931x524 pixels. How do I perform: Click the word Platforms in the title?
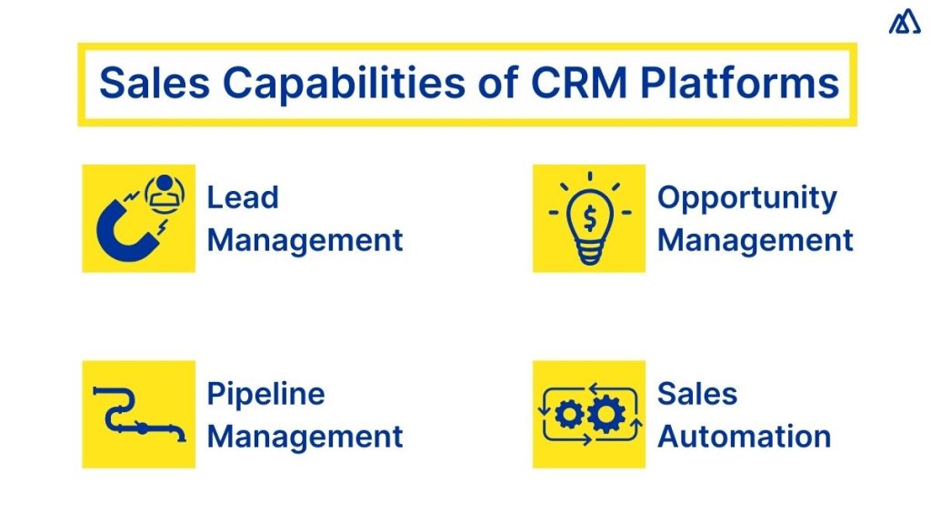point(738,84)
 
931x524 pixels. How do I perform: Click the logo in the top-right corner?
point(904,23)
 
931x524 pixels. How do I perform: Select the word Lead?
point(242,197)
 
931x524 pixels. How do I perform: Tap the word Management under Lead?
point(305,240)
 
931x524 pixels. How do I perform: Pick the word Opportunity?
point(746,197)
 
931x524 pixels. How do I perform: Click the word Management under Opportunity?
point(755,240)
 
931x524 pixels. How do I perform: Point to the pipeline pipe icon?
point(137,415)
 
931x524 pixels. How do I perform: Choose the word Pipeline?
point(265,394)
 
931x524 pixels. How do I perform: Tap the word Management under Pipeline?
point(305,436)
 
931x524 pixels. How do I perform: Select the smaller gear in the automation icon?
point(569,415)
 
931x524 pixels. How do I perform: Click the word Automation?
point(744,436)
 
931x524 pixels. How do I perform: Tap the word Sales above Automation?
point(697,394)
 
